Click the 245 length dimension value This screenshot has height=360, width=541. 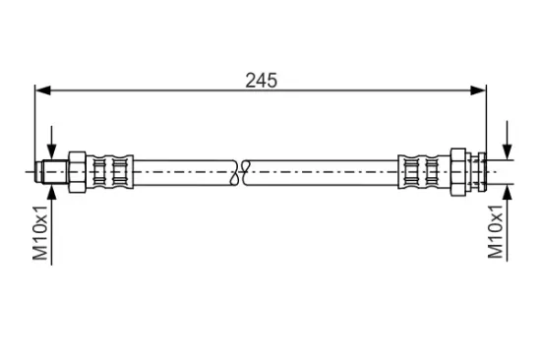(x=261, y=81)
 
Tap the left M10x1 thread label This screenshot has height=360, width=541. (x=40, y=233)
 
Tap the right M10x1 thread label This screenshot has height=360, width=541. (x=496, y=231)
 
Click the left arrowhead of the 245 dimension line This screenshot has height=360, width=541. (x=43, y=90)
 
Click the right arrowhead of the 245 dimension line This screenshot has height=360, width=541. (x=478, y=90)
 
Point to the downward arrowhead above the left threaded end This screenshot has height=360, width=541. (x=51, y=151)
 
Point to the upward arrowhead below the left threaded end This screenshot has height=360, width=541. (x=51, y=192)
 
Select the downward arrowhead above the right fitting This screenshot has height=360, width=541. (x=507, y=151)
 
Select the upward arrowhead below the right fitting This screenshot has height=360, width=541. (x=507, y=192)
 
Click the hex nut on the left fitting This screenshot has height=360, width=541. (x=78, y=171)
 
